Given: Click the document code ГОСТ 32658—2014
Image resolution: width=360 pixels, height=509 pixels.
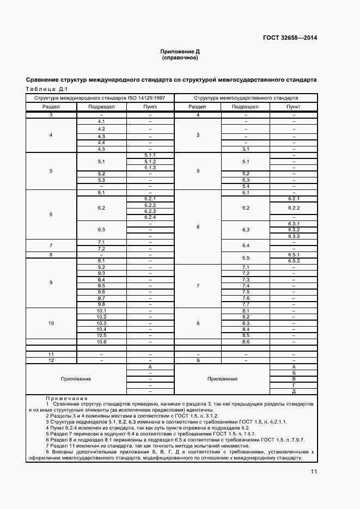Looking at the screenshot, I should [290, 38].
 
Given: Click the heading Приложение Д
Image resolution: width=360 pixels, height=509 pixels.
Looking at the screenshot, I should [180, 51].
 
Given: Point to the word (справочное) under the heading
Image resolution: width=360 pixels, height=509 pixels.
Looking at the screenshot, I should [180, 57].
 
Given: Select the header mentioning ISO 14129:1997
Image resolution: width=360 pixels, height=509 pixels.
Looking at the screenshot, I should [100, 98].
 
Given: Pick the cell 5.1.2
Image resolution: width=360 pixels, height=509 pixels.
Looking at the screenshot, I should [150, 162].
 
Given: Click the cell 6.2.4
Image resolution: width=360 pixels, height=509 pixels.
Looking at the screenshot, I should [150, 217].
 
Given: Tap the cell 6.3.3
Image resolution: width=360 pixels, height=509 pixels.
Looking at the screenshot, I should [294, 236].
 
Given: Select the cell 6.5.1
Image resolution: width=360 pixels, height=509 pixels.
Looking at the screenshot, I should [294, 254].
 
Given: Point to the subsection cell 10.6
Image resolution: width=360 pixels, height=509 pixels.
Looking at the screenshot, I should [101, 342].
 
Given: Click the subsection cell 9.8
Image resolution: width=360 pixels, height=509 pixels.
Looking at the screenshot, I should [101, 304].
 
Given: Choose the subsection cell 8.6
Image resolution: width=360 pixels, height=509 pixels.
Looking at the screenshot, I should [245, 342].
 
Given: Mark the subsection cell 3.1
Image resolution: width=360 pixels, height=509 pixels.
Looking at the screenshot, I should [245, 149].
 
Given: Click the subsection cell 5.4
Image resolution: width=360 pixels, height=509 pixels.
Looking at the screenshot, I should [245, 186].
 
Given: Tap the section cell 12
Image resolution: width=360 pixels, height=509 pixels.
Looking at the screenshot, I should [51, 360].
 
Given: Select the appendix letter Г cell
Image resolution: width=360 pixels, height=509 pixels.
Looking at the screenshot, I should [294, 385].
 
